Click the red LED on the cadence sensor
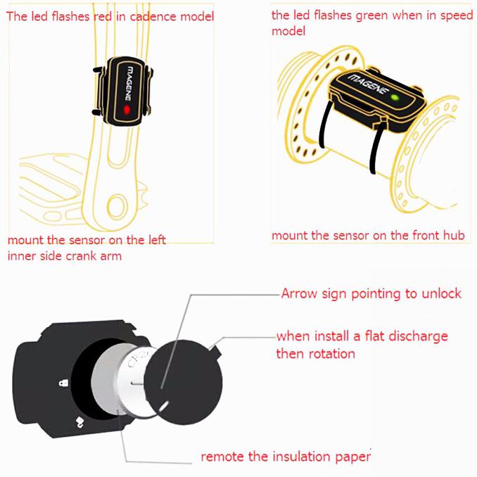(125, 110)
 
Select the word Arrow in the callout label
(298, 293)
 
